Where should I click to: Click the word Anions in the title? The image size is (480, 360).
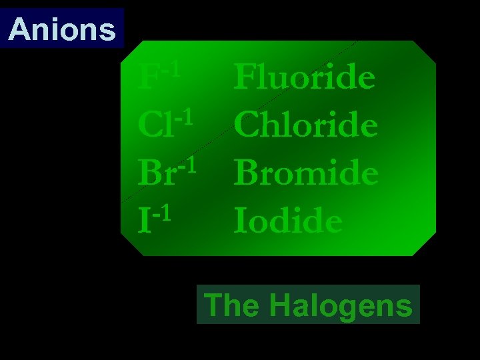63,29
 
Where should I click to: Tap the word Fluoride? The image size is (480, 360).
305,78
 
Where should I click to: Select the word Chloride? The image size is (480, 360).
306,125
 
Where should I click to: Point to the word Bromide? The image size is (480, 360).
306,173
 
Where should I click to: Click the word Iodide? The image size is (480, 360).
288,221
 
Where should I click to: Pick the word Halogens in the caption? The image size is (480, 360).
341,306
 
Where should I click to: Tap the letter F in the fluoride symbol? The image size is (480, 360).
147,79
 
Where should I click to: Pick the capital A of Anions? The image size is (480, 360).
20,29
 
